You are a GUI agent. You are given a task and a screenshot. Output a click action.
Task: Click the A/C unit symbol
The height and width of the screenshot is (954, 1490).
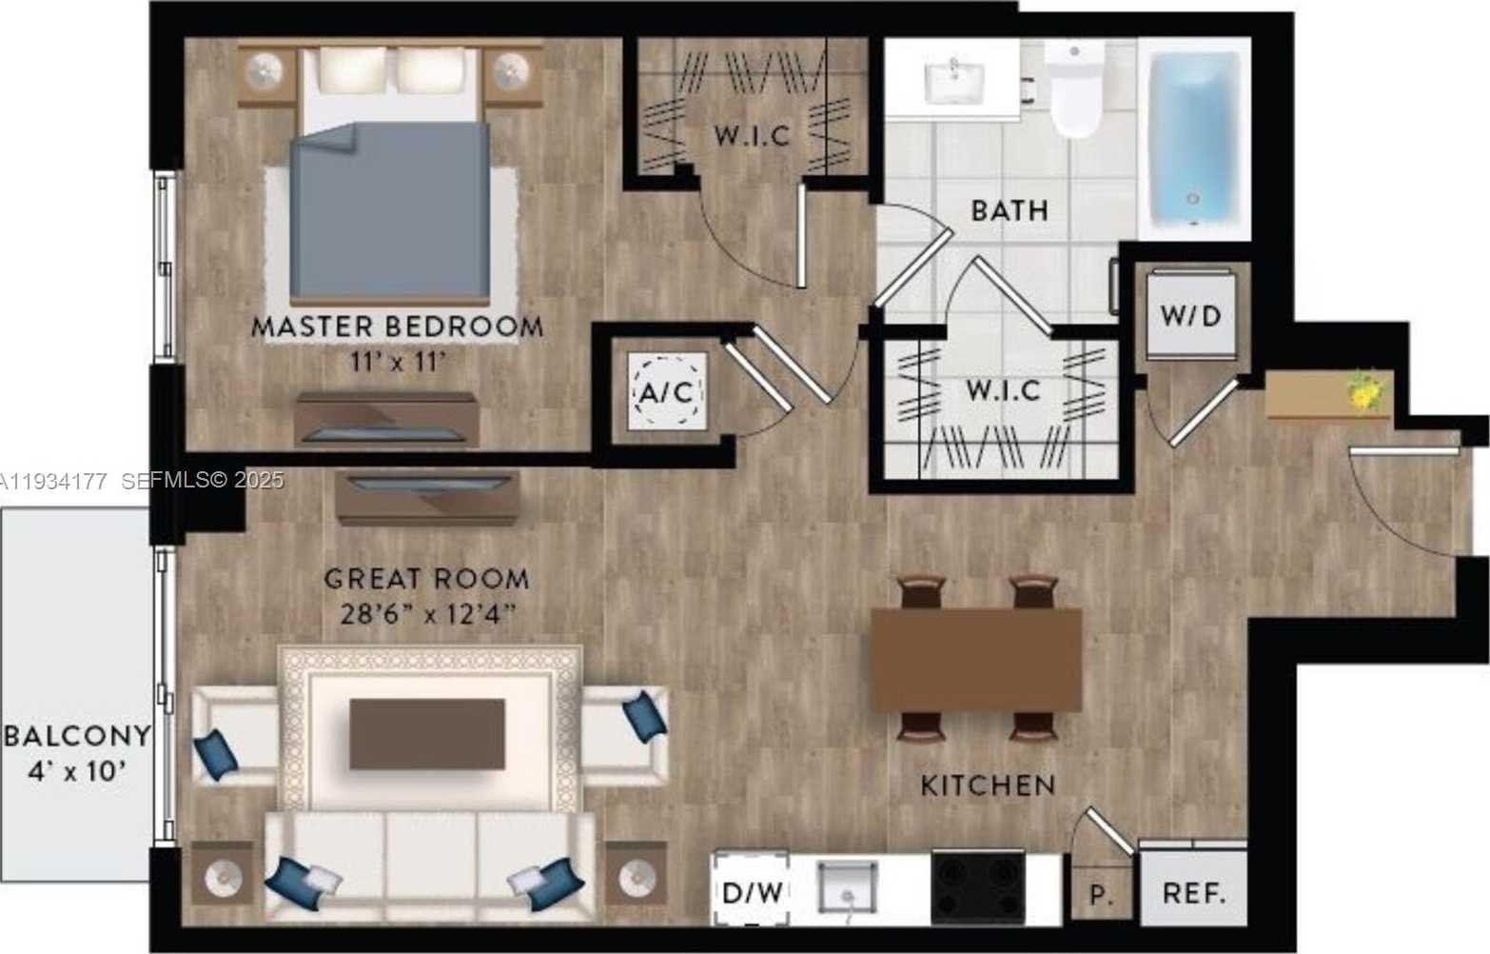click(667, 391)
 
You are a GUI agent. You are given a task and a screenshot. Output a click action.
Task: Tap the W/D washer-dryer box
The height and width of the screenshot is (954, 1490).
click(1191, 314)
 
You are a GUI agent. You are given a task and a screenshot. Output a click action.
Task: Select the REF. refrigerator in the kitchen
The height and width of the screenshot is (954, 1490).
click(1193, 887)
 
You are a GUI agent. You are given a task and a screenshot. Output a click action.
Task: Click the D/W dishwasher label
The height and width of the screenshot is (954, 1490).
click(753, 893)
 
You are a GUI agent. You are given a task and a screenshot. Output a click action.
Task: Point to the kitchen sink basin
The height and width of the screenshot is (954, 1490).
click(848, 886)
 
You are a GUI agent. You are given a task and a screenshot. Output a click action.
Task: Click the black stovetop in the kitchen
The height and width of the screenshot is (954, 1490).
click(978, 887)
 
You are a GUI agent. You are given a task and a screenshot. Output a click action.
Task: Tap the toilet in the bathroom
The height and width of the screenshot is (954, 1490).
click(1075, 89)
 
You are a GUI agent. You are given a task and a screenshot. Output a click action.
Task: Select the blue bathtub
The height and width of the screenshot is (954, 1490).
click(1195, 138)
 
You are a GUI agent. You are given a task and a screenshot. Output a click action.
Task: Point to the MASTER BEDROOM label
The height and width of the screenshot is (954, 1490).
click(398, 327)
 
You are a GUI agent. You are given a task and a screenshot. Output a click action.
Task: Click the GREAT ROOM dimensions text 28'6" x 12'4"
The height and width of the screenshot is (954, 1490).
click(428, 614)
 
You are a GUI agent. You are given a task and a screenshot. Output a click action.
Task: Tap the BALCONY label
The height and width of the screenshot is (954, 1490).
click(78, 736)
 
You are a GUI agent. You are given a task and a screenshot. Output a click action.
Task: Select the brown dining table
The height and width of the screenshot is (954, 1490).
click(976, 660)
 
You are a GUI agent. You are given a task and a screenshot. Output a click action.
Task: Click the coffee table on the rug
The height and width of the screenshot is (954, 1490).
click(427, 734)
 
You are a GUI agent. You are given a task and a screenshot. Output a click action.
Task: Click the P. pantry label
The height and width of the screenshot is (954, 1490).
click(1101, 895)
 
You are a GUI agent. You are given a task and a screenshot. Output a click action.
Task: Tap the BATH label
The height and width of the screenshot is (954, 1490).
click(1010, 211)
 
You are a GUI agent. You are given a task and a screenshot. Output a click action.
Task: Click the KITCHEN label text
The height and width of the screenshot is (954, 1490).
click(988, 785)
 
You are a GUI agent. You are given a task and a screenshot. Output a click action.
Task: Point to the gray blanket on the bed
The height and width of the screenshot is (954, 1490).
click(390, 211)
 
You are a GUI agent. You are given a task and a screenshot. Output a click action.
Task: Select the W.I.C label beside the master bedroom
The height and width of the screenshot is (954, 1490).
click(753, 136)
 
